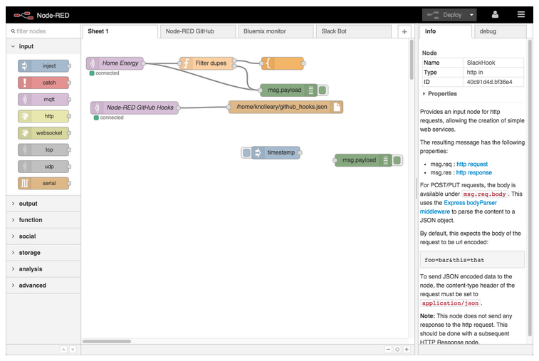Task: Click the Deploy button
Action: (449, 15)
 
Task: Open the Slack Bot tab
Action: (353, 31)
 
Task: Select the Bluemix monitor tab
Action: (276, 31)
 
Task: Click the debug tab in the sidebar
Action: (500, 31)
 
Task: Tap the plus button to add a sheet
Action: (404, 31)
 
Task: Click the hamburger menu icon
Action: (521, 14)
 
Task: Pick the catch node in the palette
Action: (43, 83)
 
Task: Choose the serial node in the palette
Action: (43, 183)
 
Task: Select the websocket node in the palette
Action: (43, 132)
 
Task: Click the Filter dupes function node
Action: (207, 63)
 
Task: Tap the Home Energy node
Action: (115, 63)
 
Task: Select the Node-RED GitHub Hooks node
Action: (135, 108)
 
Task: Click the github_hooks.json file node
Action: (286, 107)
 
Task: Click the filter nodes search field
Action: (44, 31)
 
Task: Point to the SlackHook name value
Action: (481, 63)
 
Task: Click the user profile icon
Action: (495, 14)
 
